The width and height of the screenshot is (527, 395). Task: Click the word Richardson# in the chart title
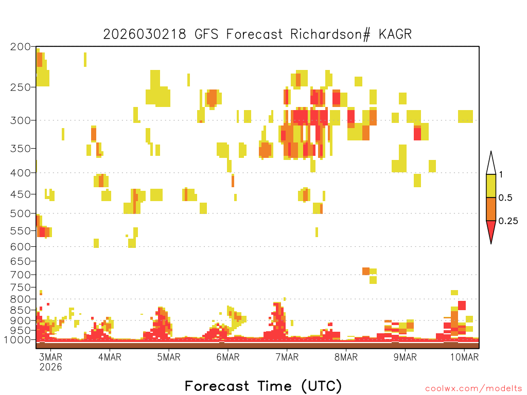tap(330, 34)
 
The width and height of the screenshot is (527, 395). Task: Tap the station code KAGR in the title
tap(395, 34)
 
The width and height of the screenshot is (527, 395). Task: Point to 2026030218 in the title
tap(145, 34)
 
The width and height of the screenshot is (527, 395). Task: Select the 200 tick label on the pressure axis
tap(20, 47)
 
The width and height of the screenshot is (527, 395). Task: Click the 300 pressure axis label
tap(20, 120)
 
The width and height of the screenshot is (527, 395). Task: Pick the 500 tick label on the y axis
tap(20, 213)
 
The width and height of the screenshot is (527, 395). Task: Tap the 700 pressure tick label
tap(20, 275)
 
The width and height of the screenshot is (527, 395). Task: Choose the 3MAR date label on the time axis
tap(51, 357)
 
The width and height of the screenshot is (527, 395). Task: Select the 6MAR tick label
tap(228, 357)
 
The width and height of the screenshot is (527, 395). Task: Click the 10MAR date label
tap(464, 357)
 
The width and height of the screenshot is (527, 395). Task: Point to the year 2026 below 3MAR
tap(51, 367)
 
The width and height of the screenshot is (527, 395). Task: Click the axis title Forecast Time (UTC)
tap(263, 386)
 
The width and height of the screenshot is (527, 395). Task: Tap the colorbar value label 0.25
tap(508, 221)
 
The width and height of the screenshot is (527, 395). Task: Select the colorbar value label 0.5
tap(505, 197)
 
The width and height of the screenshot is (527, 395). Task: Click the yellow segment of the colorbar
tap(491, 186)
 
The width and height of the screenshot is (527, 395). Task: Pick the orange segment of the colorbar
tap(491, 209)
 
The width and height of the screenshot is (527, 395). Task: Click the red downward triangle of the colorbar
tap(491, 230)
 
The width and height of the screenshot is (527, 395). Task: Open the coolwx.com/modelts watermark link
tap(473, 389)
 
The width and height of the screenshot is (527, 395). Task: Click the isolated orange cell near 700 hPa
tap(366, 271)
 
